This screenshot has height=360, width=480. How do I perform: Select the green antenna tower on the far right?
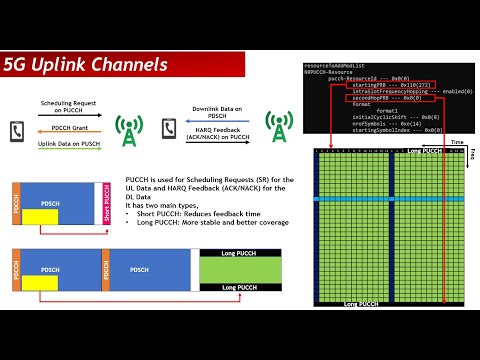tap(277, 127)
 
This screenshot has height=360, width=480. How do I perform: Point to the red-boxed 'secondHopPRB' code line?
tap(375, 99)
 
